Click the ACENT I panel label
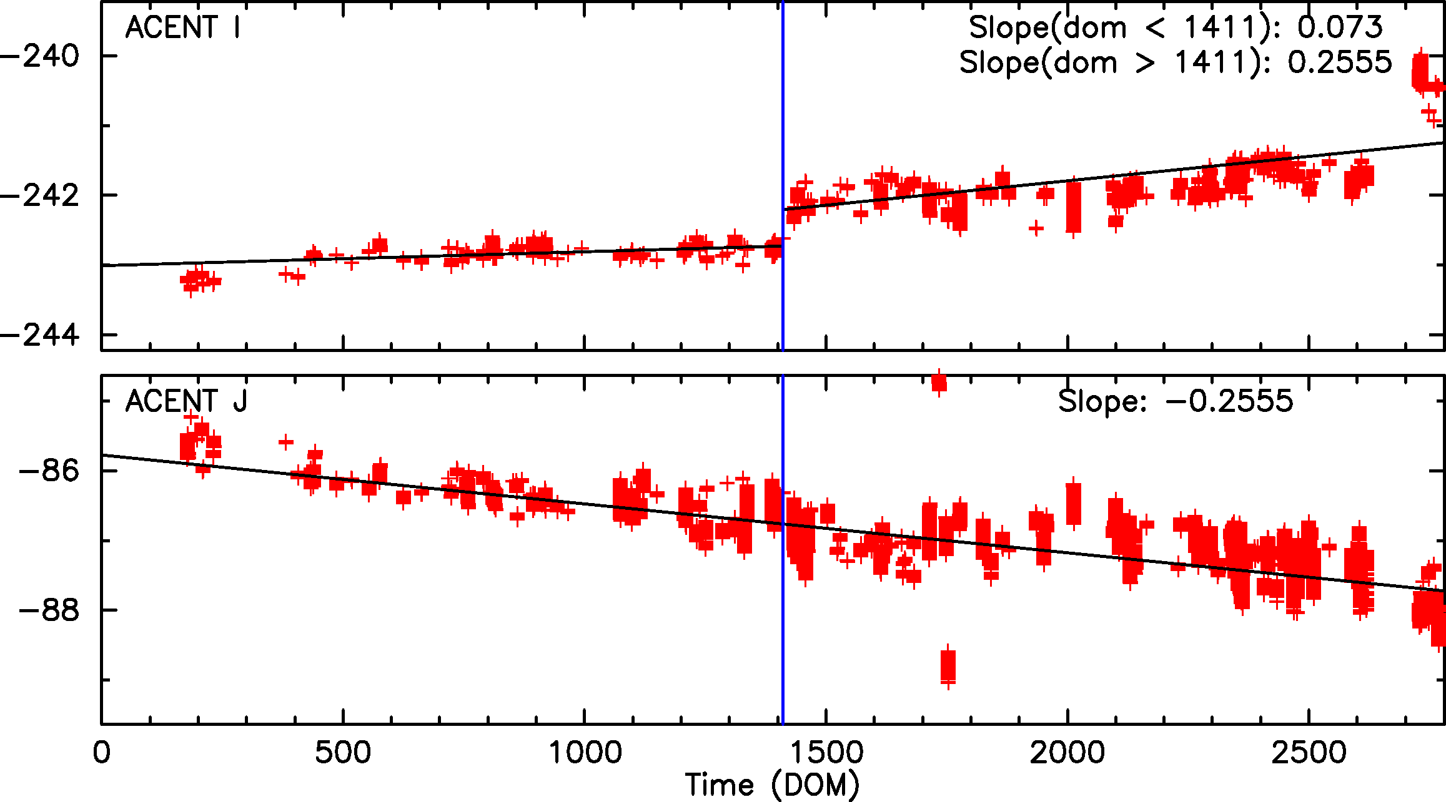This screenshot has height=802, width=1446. [x=182, y=27]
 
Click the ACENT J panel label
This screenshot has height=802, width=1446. [x=186, y=401]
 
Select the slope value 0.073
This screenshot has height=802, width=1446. [x=1340, y=27]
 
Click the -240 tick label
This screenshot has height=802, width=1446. [x=40, y=56]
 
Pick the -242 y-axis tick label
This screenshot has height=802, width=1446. [x=40, y=195]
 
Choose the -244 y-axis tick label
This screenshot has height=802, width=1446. [x=40, y=335]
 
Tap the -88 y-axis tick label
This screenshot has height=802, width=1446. [x=49, y=610]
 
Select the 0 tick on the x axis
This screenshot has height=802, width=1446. [x=101, y=753]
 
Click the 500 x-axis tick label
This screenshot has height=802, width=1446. [x=342, y=753]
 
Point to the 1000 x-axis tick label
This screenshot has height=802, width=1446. [x=585, y=753]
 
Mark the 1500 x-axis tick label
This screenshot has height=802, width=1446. [x=826, y=753]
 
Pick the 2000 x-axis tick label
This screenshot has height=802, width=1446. [x=1067, y=753]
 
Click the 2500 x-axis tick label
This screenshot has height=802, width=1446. [x=1309, y=753]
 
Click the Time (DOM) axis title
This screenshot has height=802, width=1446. [x=772, y=785]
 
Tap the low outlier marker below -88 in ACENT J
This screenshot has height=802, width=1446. [x=948, y=667]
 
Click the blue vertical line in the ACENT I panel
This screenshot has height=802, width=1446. [x=783, y=125]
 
